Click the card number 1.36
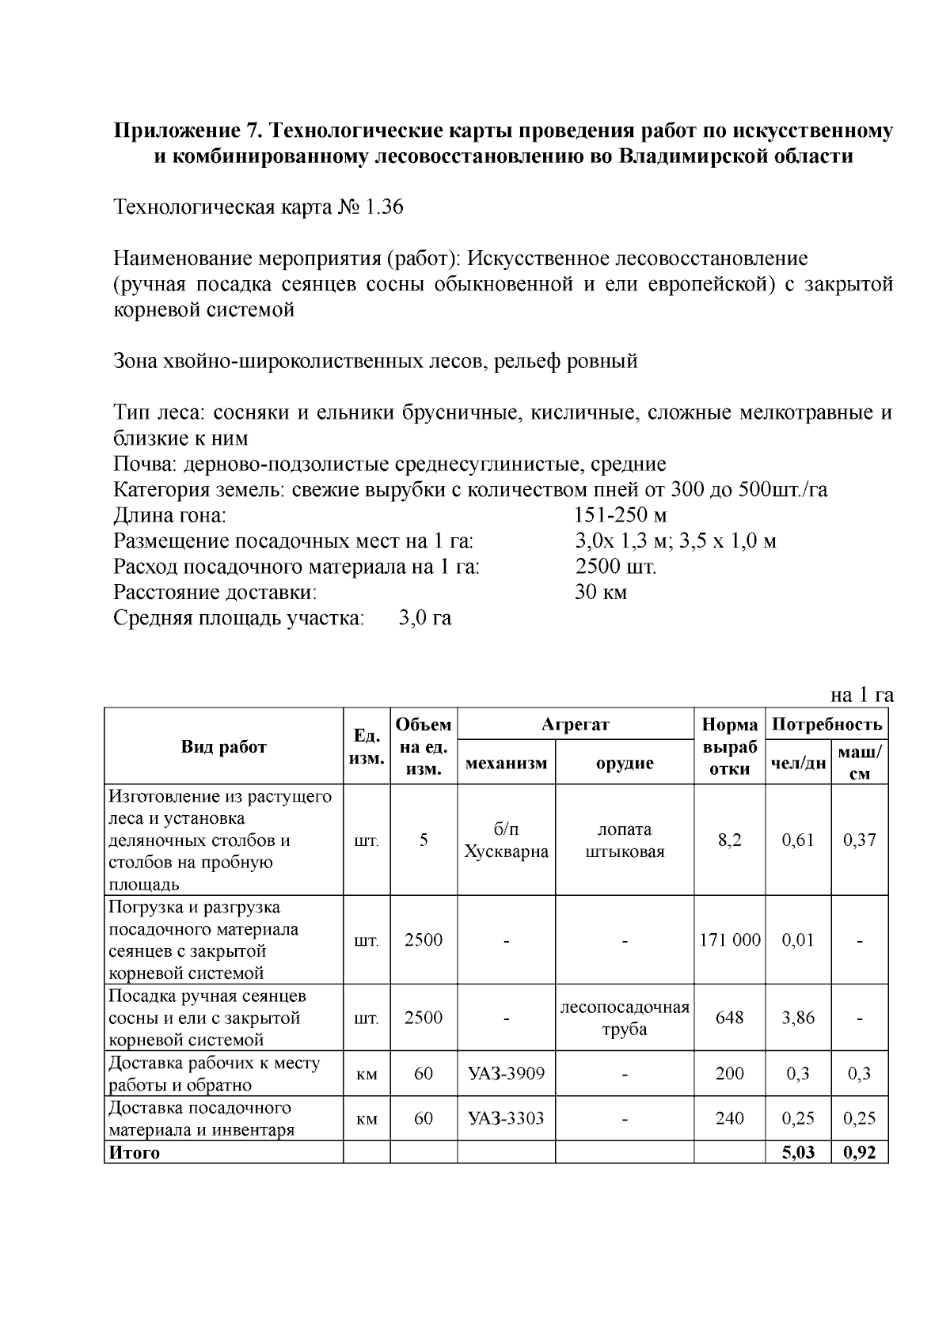pos(383,207)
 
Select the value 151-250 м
pos(621,516)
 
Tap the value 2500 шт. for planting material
pos(616,567)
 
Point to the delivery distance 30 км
pos(600,593)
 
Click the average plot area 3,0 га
pos(425,618)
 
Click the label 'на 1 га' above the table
pos(861,695)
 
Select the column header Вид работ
pos(224,746)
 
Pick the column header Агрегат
pos(576,724)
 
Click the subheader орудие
pos(625,763)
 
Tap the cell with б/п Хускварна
pos(507,840)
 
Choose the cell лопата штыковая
pos(625,840)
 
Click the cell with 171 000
pos(730,940)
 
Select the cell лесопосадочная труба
pos(625,1018)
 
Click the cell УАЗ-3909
pos(507,1074)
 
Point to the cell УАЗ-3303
pos(507,1118)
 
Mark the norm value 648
pos(730,1018)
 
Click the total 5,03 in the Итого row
pos(798,1152)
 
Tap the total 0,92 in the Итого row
pos(860,1152)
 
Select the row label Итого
pos(135,1153)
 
